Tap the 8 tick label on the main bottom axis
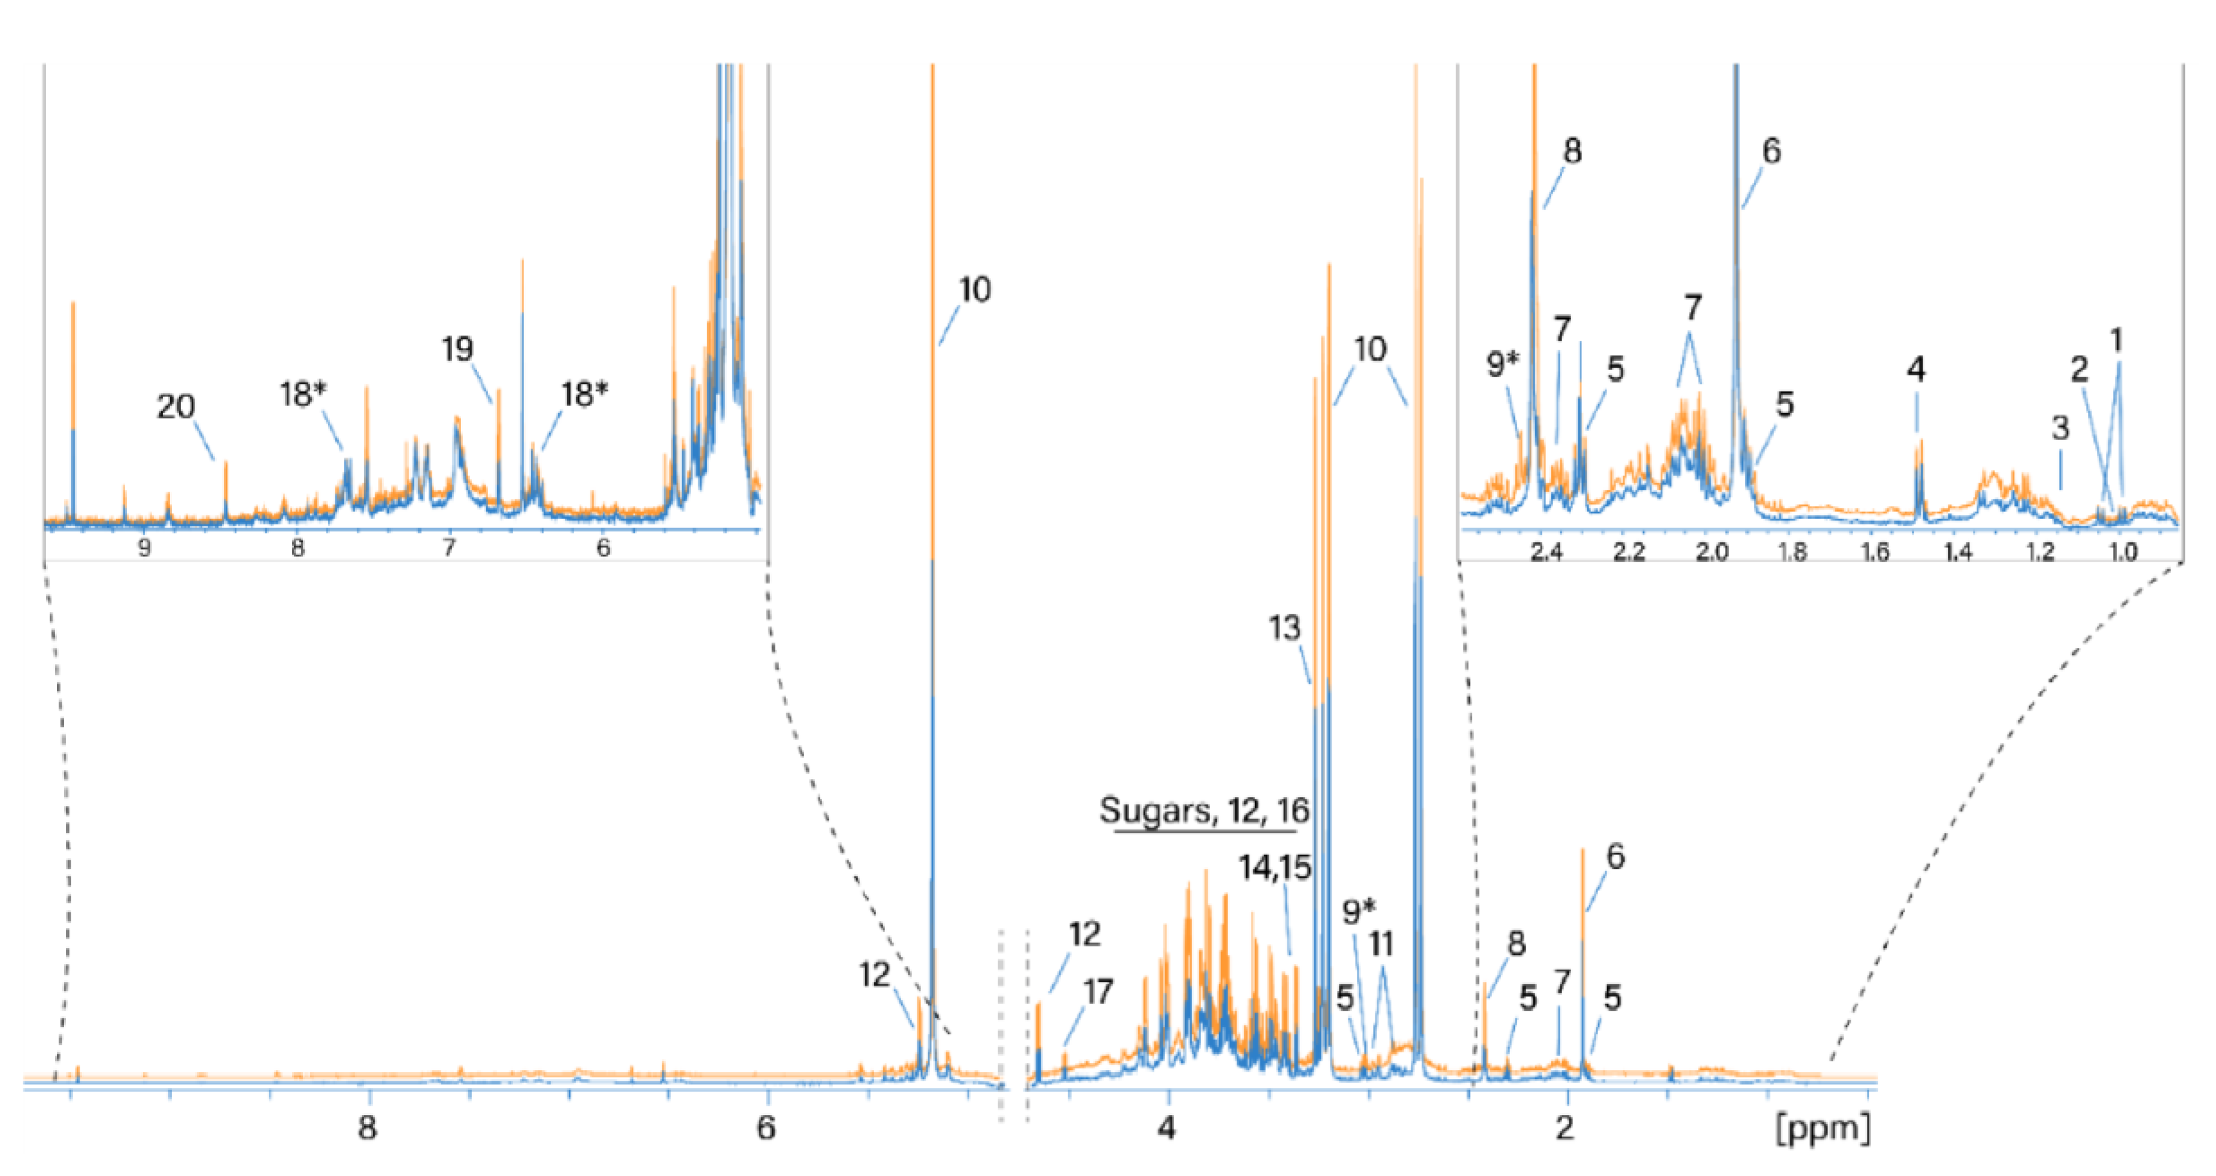click(367, 1127)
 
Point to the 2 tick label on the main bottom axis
click(1566, 1127)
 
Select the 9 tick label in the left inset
click(144, 548)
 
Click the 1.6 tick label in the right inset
click(1875, 551)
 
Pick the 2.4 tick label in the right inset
click(1546, 551)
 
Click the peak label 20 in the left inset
click(175, 406)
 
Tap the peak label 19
click(457, 349)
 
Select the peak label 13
click(1284, 628)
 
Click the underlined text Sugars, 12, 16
click(1204, 810)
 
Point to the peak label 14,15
click(1275, 867)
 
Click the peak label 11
click(1381, 945)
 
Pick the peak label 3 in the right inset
click(2060, 428)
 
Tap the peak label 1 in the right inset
click(2117, 341)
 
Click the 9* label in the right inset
click(1503, 365)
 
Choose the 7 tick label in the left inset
click(449, 548)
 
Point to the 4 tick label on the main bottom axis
click(1166, 1127)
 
